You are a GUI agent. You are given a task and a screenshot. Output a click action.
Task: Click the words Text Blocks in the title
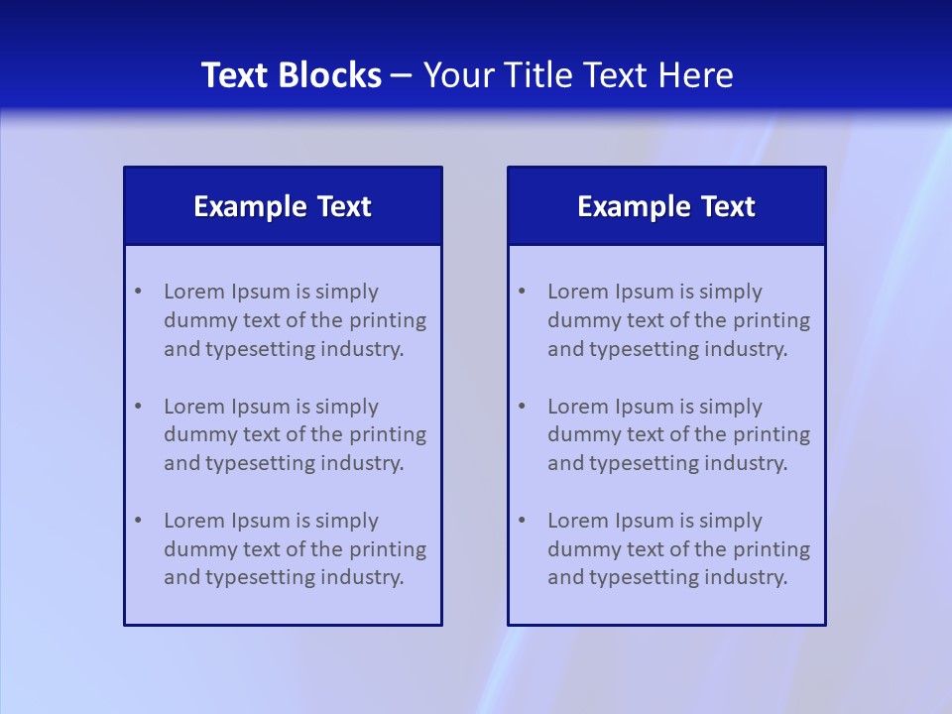(291, 75)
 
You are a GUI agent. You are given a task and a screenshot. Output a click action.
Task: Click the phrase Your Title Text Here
(578, 75)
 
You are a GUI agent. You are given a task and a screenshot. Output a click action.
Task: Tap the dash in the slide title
(402, 76)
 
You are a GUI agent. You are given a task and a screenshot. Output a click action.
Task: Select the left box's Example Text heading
(283, 206)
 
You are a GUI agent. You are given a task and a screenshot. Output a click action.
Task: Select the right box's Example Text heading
(666, 206)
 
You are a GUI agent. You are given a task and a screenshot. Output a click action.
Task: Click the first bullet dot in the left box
(138, 292)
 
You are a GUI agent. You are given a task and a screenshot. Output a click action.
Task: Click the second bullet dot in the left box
(138, 407)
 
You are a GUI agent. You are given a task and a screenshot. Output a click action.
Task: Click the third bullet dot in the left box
(138, 521)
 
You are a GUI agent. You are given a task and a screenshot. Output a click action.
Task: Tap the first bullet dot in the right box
(522, 292)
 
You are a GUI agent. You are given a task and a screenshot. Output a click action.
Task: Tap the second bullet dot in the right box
(522, 407)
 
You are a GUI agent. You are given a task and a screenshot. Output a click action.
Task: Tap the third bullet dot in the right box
(522, 521)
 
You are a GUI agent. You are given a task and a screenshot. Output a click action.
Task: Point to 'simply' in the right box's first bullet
(731, 292)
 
